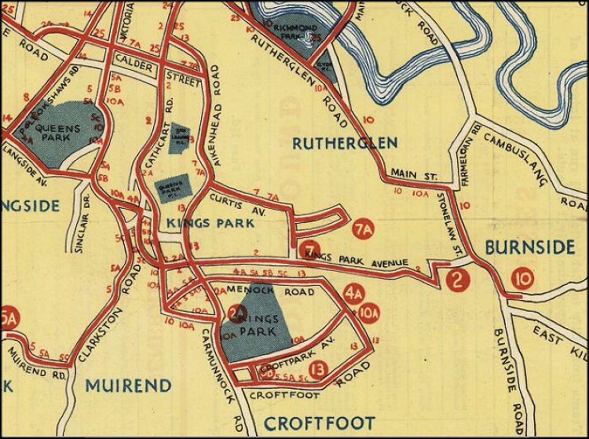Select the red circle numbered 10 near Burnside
[x=522, y=277]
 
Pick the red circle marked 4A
[x=353, y=294]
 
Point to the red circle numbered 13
[x=318, y=368]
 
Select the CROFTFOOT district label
[x=319, y=423]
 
